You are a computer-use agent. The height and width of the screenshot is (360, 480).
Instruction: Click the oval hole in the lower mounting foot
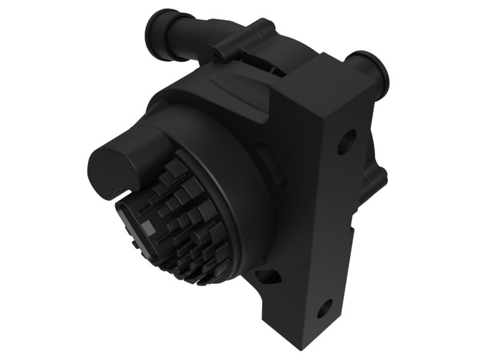point(266,277)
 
